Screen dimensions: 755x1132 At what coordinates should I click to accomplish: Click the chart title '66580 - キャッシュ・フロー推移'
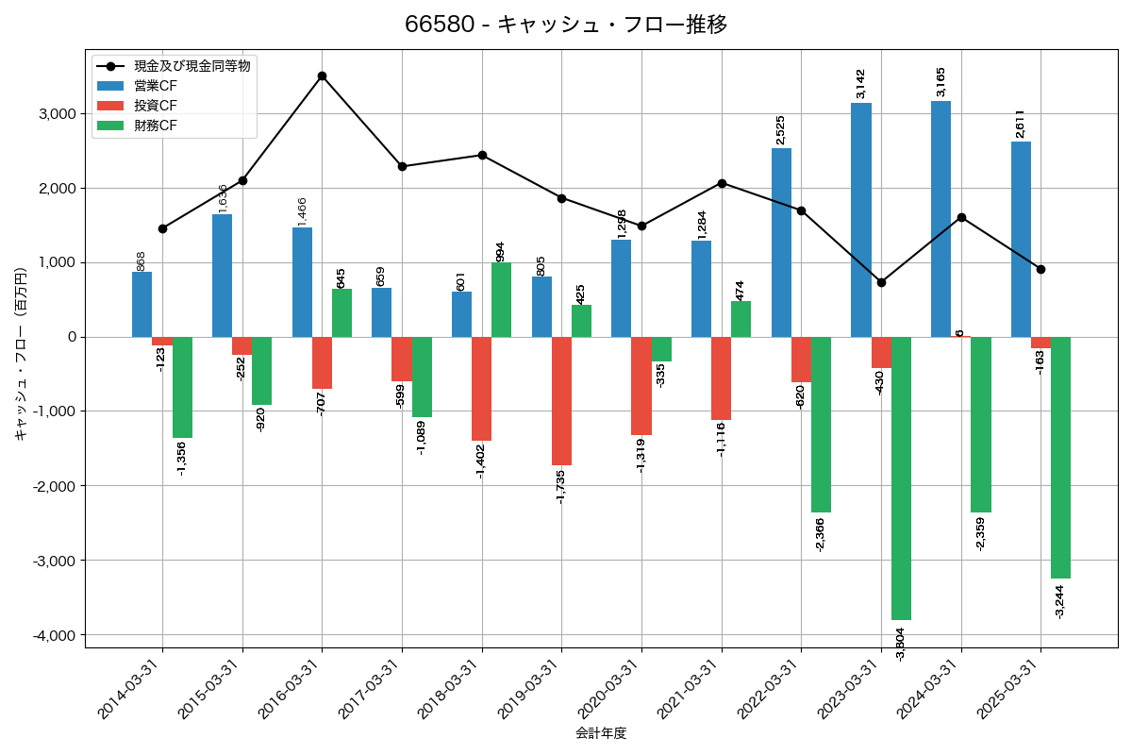pos(566,25)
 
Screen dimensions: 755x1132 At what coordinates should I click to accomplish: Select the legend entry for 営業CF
pos(156,86)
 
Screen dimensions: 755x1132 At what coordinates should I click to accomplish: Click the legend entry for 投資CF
pos(156,106)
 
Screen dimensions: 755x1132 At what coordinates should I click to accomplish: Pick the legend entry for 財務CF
pos(156,125)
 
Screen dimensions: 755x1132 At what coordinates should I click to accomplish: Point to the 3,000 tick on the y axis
pos(56,113)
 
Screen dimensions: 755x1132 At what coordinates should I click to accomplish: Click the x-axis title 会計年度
pos(601,733)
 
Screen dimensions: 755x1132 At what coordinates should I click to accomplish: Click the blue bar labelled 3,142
pos(861,220)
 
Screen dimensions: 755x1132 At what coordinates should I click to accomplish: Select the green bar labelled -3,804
pos(901,478)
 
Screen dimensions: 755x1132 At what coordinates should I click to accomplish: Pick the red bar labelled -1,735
pos(561,401)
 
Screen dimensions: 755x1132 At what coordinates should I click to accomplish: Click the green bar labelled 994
pos(502,300)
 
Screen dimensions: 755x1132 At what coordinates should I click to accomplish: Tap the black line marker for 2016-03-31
pos(322,75)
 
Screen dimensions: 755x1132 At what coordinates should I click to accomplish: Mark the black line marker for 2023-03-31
pos(881,282)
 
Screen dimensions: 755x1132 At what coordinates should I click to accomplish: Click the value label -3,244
pos(1059,599)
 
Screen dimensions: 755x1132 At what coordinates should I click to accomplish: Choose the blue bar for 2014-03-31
pos(141,304)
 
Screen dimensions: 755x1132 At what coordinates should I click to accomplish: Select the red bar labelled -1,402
pos(481,389)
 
